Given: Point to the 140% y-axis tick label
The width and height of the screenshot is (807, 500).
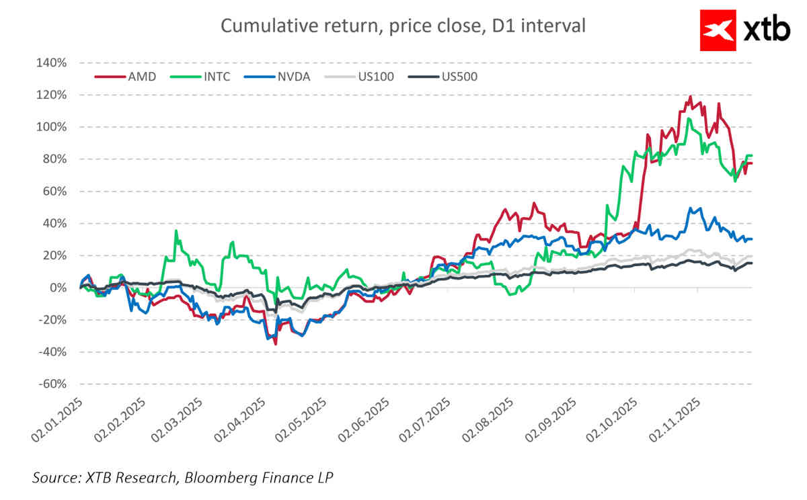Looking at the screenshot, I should pos(51,63).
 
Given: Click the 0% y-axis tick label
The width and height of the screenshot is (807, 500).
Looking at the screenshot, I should pos(58,288).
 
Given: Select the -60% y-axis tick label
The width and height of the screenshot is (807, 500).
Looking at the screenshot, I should pos(51,384).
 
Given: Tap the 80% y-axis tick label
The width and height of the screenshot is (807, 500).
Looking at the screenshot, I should pos(54,159).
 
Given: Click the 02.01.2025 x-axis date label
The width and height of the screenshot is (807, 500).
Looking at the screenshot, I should pos(56,420).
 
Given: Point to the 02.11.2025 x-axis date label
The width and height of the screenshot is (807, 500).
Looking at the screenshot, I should pos(675,420).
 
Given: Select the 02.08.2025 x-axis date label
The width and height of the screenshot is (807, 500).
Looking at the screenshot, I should pos(489,420).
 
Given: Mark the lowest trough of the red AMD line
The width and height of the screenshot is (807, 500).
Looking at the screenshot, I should pos(276,344).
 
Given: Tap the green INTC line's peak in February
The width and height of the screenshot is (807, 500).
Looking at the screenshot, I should pos(176,231).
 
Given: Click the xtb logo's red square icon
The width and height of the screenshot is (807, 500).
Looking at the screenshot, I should pos(719,30).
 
